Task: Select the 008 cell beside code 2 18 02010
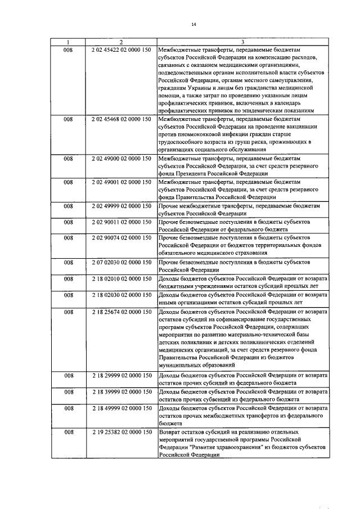tap(68, 278)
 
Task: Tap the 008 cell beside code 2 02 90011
tap(68, 222)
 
